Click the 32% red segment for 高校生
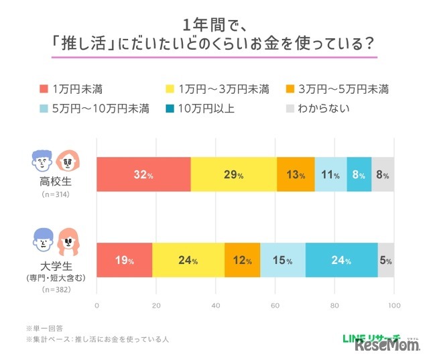tap(143, 174)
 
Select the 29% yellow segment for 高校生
tap(233, 174)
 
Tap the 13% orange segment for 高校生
tap(296, 174)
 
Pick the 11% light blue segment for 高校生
tap(330, 174)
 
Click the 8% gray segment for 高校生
tap(383, 174)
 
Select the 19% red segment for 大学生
tap(125, 260)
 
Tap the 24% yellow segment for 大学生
tap(188, 260)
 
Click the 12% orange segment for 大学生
tap(242, 260)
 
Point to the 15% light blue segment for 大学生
tap(282, 260)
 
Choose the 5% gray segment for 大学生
tap(386, 260)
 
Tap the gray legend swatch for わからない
tap(290, 108)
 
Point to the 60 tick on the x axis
tap(275, 305)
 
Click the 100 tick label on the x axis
tap(393, 305)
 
